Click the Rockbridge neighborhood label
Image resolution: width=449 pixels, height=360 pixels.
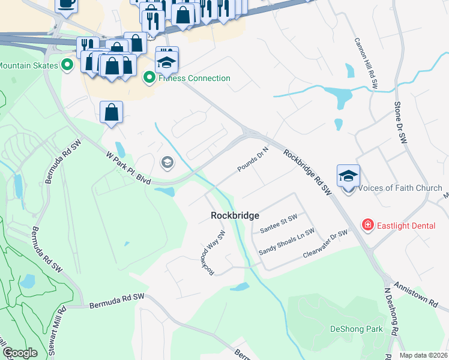point(235,215)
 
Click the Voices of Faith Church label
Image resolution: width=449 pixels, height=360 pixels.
point(400,188)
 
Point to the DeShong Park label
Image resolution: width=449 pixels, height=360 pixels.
point(357,329)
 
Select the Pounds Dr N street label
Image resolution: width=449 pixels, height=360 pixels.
point(252,160)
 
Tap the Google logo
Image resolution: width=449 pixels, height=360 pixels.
point(20,353)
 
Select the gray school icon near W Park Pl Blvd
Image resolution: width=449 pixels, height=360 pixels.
point(167,162)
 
